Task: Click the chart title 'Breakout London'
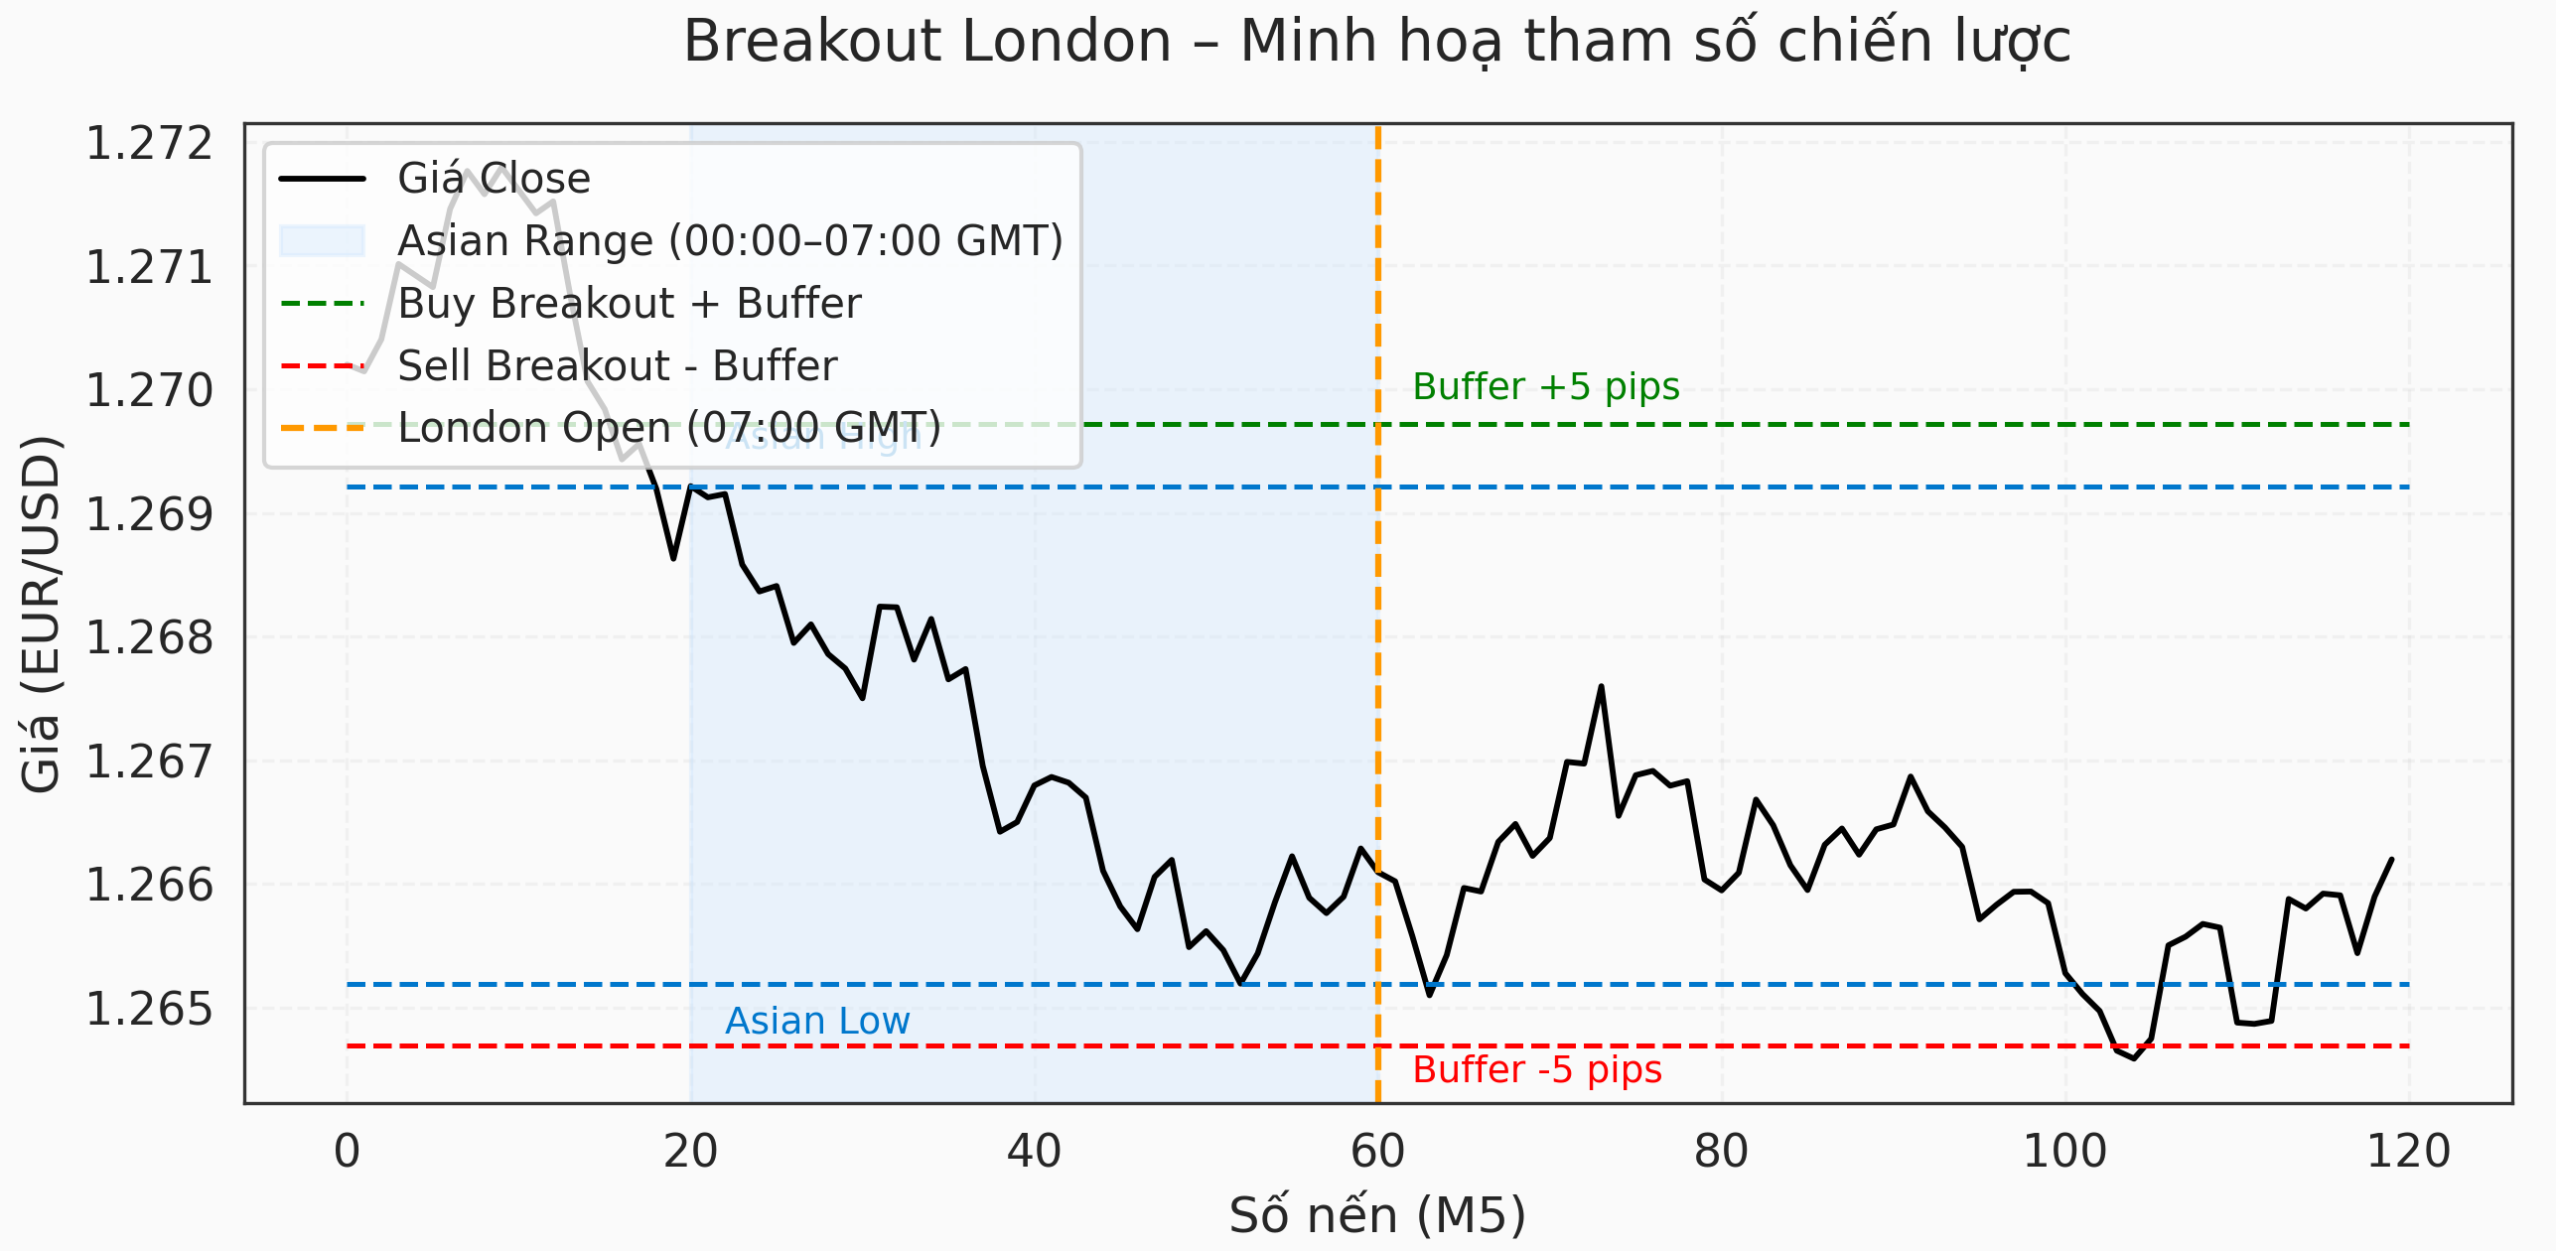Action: [x=1376, y=42]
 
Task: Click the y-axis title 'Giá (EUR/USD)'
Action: [x=41, y=614]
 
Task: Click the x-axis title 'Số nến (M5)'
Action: [x=1376, y=1214]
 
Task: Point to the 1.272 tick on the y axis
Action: [x=149, y=143]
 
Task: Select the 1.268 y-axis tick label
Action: [x=149, y=637]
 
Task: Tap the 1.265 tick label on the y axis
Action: [x=149, y=1009]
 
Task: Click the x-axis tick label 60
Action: [x=1377, y=1152]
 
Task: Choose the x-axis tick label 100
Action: [x=2064, y=1152]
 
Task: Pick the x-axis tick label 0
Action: [x=347, y=1152]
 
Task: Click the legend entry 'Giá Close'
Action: [x=494, y=179]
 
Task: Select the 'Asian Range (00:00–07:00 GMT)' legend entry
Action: [x=730, y=241]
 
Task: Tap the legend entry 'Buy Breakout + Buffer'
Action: [x=630, y=304]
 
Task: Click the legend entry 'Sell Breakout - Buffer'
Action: [x=617, y=366]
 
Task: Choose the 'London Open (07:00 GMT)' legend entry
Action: [x=668, y=429]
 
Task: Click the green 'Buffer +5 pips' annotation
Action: [x=1545, y=386]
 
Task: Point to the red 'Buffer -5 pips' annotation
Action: [x=1536, y=1069]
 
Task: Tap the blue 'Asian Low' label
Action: [x=816, y=1021]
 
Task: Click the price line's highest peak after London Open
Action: [x=1601, y=687]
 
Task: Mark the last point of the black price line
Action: [x=2391, y=860]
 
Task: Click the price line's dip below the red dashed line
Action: [x=2133, y=1057]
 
